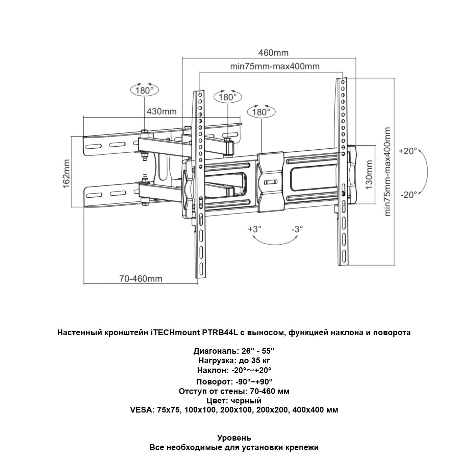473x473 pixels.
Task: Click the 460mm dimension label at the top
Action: [273, 53]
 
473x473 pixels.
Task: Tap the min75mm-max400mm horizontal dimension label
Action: [274, 66]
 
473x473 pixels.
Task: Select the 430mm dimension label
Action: [161, 111]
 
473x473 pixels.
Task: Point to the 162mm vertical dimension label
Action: [66, 174]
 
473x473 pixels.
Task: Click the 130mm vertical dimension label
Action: [369, 175]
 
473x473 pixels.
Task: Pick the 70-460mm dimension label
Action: [141, 279]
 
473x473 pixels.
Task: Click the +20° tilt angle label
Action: [408, 151]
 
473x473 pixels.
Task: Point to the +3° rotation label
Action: [255, 229]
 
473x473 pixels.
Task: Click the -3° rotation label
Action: [297, 229]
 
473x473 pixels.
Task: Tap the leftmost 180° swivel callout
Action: [144, 90]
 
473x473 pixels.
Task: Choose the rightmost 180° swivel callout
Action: [261, 112]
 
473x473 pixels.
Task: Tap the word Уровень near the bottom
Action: [234, 438]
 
